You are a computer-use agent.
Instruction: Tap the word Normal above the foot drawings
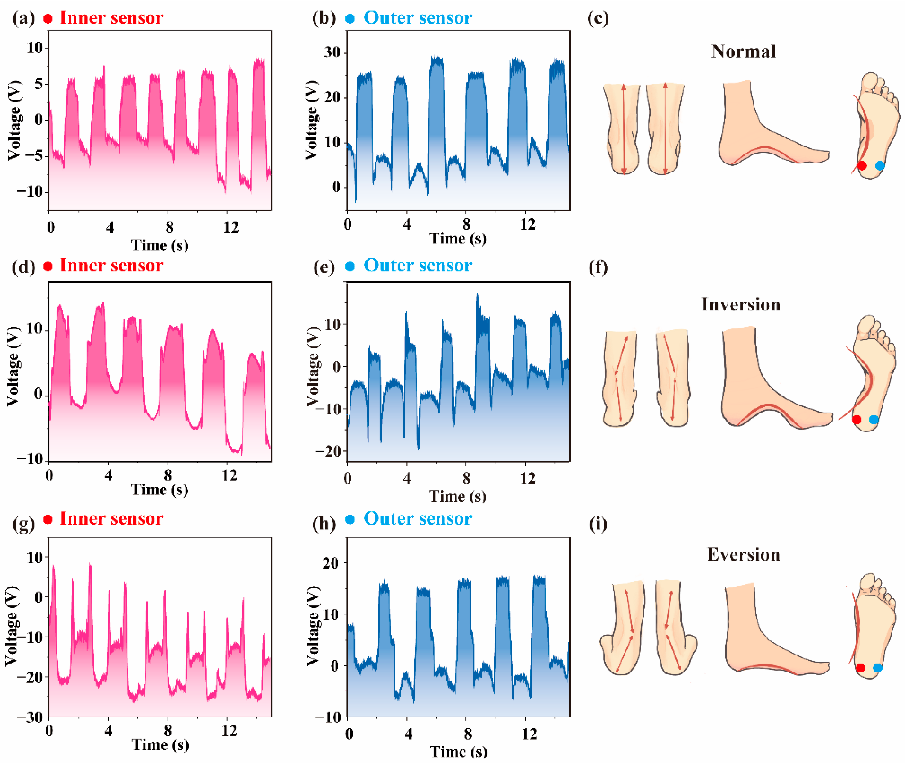(743, 52)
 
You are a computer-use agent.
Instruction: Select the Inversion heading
(740, 304)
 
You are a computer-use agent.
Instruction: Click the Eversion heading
(743, 554)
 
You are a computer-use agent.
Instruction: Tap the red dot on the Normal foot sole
(862, 166)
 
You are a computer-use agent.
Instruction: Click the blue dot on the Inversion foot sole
(874, 419)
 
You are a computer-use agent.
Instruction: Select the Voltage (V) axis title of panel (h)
(313, 626)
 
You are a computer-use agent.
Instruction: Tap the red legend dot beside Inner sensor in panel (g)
(48, 519)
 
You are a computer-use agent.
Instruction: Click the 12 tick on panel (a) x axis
(231, 227)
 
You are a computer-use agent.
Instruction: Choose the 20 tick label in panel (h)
(331, 563)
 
